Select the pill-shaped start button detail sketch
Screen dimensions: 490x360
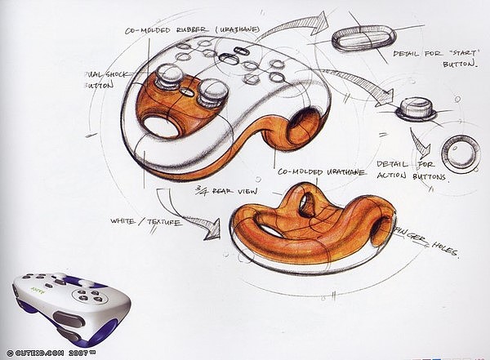pyautogui.click(x=364, y=36)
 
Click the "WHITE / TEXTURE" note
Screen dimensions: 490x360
pyautogui.click(x=144, y=220)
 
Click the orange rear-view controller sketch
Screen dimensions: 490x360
pyautogui.click(x=310, y=229)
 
